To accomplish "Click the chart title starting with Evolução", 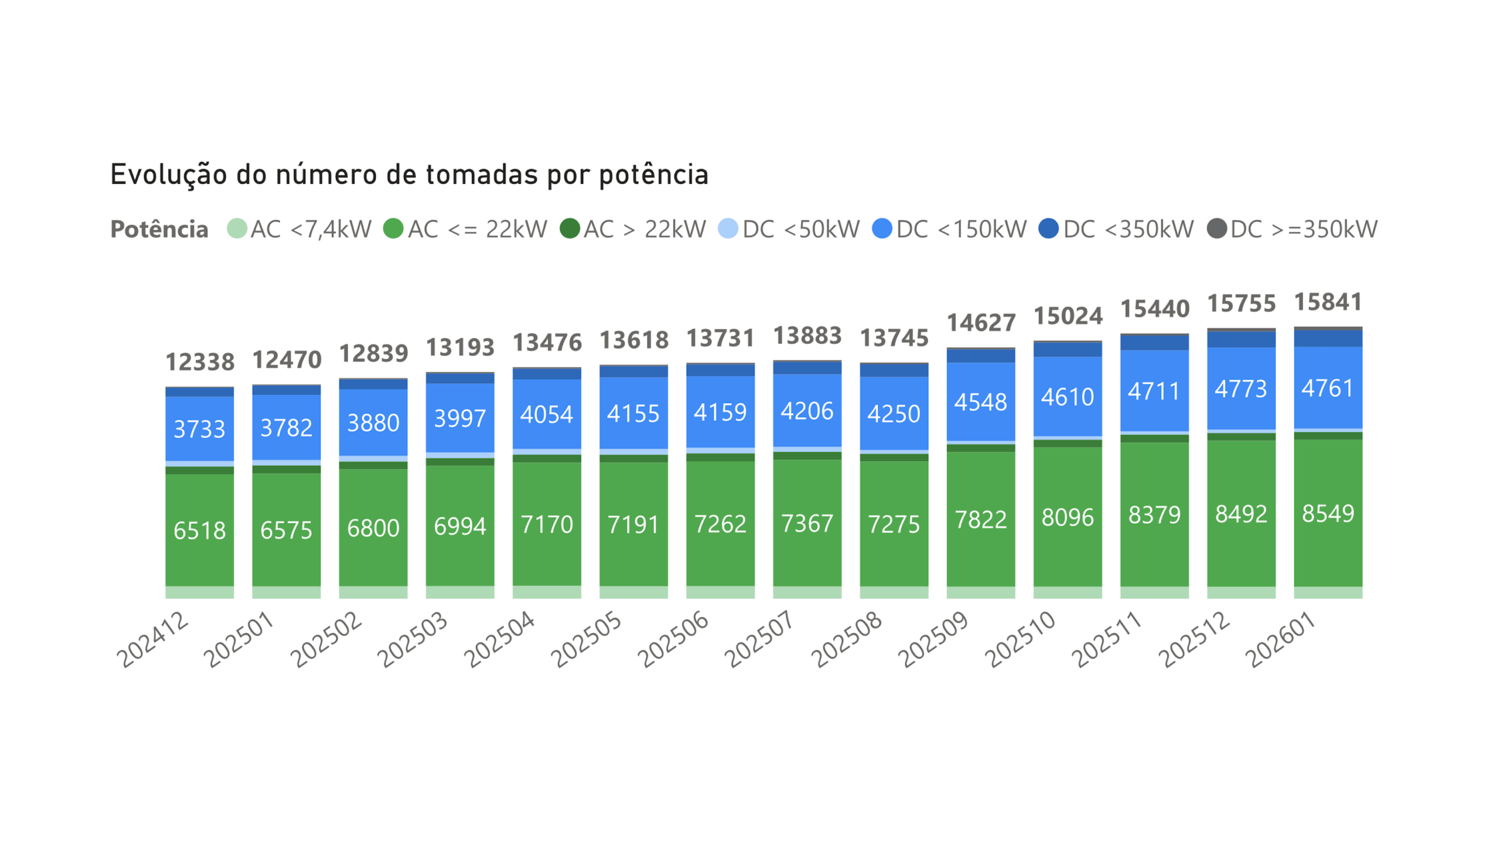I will point(409,175).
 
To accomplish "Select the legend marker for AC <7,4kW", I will point(237,228).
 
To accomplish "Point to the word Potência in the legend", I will point(159,229).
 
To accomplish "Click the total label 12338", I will point(200,362).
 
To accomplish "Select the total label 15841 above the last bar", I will point(1327,302).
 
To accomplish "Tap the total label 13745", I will point(894,338).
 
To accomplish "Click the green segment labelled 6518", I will point(200,530).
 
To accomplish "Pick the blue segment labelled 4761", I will point(1327,388).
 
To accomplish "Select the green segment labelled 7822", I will point(981,520).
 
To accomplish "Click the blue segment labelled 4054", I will point(547,414).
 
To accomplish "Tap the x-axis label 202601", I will point(1281,640).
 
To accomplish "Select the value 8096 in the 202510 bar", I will point(1067,517).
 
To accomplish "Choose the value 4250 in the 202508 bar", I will point(894,414).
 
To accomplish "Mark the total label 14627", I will point(981,323).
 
